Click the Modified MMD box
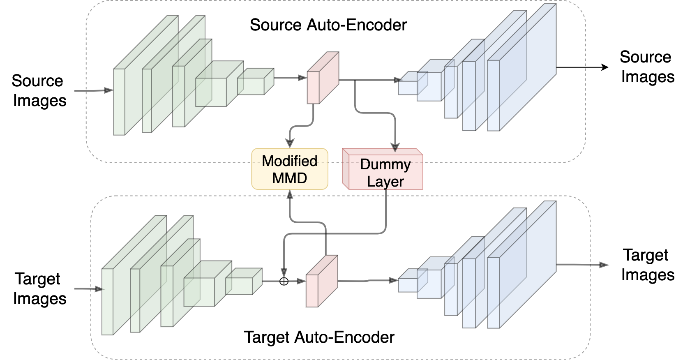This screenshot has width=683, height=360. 289,169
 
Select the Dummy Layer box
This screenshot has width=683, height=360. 383,169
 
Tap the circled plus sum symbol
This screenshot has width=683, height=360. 284,281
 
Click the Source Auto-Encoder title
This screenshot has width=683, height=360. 328,25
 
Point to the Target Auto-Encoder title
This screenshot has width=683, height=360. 319,337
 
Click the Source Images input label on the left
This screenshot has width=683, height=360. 39,91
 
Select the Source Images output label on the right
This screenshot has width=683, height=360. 647,67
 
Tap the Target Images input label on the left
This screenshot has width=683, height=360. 39,288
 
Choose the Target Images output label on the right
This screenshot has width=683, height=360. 647,265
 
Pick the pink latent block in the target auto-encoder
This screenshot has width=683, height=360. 321,282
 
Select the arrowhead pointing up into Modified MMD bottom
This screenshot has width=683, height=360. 290,194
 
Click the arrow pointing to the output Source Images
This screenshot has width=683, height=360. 604,67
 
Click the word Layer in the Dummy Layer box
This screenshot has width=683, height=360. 385,182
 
